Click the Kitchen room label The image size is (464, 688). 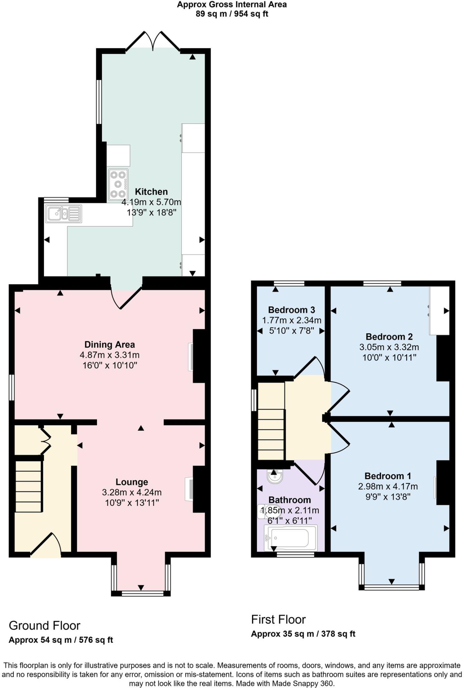(x=151, y=192)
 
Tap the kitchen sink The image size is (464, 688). (x=63, y=213)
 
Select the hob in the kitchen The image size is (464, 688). (x=118, y=184)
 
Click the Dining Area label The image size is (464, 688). (x=109, y=345)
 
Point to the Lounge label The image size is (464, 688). (x=132, y=482)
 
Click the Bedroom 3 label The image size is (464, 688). (x=291, y=310)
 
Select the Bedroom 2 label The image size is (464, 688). (x=389, y=337)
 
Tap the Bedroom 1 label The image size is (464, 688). (x=388, y=476)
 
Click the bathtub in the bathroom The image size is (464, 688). (x=291, y=538)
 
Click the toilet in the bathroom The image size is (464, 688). (x=264, y=511)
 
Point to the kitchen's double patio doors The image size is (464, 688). (x=153, y=42)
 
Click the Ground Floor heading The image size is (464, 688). (x=44, y=626)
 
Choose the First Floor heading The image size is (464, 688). (x=278, y=619)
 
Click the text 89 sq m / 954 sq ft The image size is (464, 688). (x=232, y=14)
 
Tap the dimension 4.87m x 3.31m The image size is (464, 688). (x=109, y=355)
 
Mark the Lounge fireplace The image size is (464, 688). (x=190, y=489)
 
